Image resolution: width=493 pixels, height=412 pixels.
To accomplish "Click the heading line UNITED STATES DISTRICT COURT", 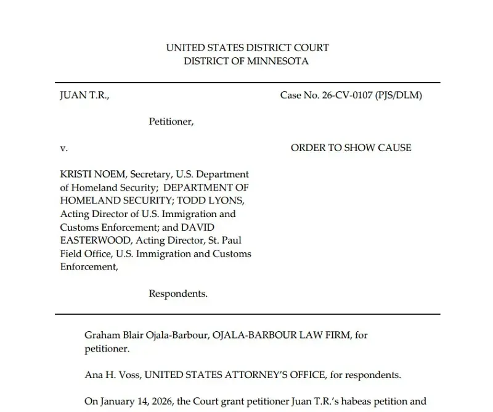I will (247, 47).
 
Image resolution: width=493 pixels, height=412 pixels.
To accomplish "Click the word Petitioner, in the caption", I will (171, 122).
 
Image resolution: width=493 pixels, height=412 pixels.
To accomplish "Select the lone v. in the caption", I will (63, 148).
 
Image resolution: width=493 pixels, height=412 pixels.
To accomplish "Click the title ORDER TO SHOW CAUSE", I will (351, 148).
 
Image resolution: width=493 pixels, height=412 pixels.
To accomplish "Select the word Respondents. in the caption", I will (178, 294).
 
